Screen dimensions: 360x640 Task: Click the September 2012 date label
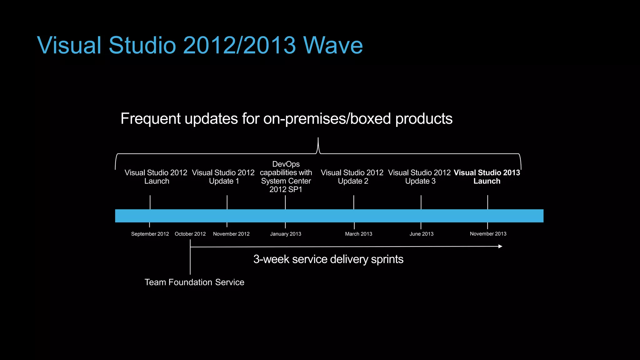[150, 234]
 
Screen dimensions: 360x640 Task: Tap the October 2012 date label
[190, 234]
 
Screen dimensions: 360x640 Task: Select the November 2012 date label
[231, 234]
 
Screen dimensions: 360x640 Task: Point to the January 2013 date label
[285, 234]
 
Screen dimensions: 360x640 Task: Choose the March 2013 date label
[358, 234]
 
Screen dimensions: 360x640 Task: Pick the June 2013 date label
[421, 234]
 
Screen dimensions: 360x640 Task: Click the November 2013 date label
[488, 234]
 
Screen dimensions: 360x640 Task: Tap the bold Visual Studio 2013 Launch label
[487, 177]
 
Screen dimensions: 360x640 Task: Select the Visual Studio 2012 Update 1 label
[223, 177]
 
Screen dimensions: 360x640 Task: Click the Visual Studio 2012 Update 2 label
[352, 177]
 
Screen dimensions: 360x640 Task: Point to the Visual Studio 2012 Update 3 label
[419, 177]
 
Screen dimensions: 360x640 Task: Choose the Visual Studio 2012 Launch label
[156, 177]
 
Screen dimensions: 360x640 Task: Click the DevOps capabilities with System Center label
[286, 177]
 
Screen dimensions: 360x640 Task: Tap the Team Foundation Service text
[194, 282]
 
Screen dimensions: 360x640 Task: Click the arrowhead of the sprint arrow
[500, 247]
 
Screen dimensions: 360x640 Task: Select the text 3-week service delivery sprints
[328, 259]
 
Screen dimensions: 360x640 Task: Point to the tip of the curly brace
[318, 138]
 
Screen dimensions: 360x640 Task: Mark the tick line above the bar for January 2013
[285, 202]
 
